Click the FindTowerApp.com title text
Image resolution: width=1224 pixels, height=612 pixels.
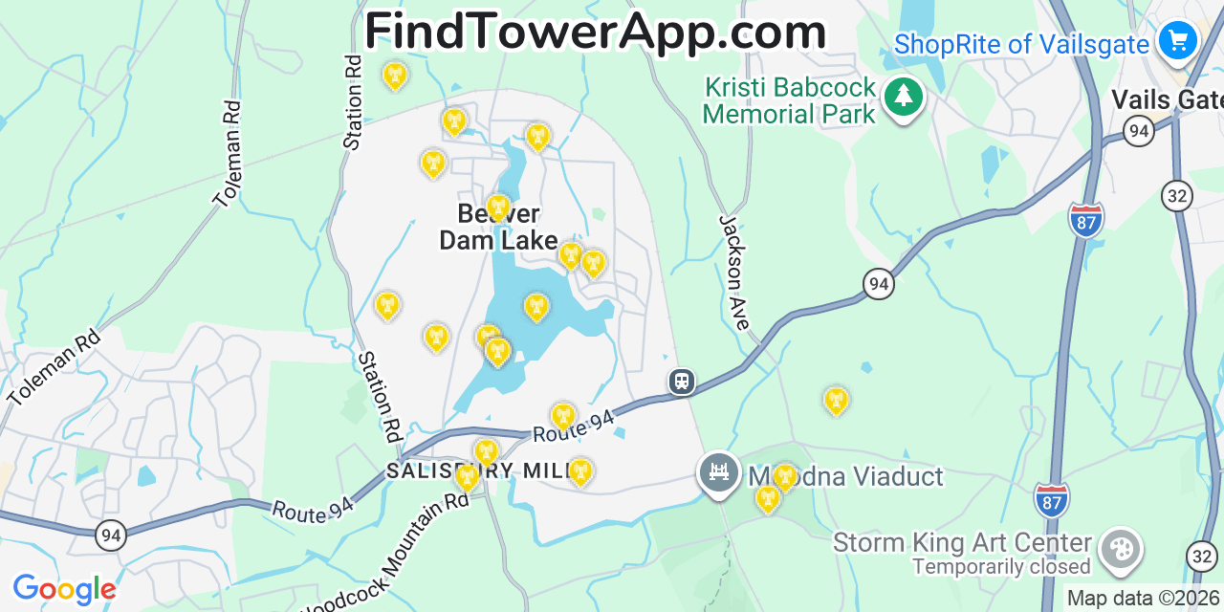(595, 32)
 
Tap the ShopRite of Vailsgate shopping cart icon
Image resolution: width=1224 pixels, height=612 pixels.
(1177, 41)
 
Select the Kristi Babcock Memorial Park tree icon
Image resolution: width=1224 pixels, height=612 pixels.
(903, 97)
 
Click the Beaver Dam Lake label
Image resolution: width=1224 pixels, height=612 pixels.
(497, 228)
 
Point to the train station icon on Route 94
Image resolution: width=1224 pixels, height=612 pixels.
(681, 382)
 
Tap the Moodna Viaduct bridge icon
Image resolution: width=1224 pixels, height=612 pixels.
(718, 471)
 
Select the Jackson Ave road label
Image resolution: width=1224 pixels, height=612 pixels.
(734, 273)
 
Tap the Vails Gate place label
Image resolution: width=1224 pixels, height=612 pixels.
(1167, 99)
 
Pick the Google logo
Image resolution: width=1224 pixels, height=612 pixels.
(64, 589)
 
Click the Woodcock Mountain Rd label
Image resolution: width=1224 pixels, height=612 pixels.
(387, 555)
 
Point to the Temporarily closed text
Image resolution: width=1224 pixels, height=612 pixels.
(1001, 567)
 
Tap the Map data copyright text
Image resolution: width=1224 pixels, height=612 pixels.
(1144, 599)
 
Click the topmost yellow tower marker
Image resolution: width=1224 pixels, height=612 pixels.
(394, 75)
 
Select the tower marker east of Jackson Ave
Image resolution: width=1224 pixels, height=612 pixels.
(836, 400)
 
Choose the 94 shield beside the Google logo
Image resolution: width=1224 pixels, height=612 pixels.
(111, 535)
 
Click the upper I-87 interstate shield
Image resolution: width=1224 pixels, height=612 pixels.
(1085, 219)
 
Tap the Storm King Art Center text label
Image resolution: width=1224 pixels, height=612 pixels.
(962, 542)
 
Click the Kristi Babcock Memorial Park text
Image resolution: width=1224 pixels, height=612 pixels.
(790, 101)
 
